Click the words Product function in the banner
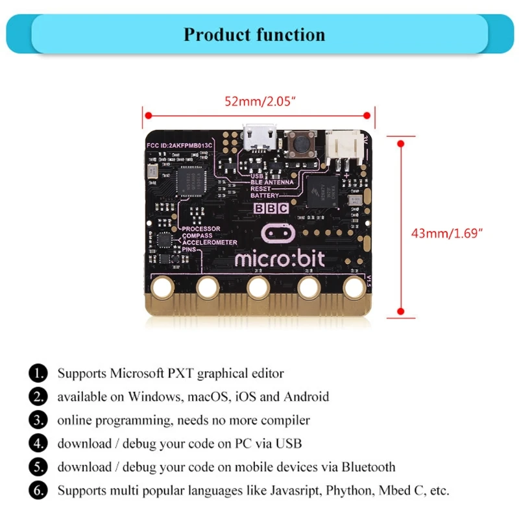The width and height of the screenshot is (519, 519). coord(254,34)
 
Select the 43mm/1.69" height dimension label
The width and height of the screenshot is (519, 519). coord(448,233)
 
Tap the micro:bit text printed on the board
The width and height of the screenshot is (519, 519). coord(280,259)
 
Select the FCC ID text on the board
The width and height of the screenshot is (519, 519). coord(180,144)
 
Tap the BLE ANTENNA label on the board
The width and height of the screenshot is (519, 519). coord(272,182)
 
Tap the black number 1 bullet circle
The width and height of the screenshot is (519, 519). coord(38,373)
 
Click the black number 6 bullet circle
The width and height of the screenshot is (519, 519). coord(38,490)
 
